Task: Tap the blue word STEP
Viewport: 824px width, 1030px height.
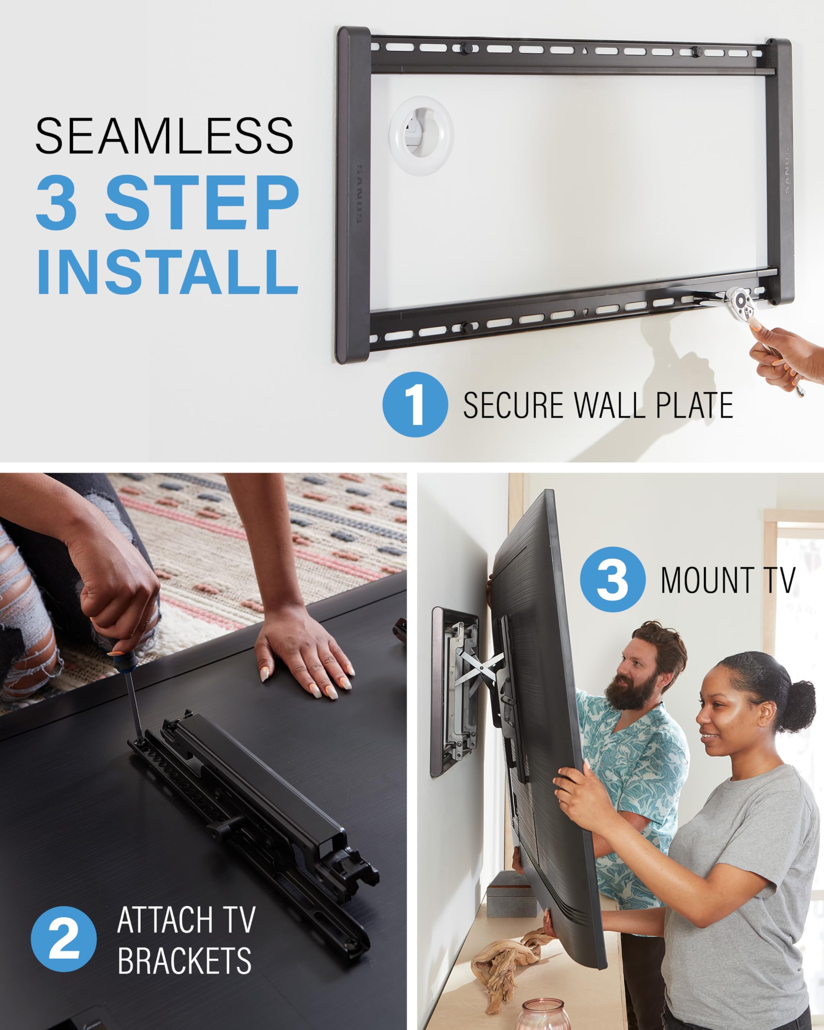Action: pos(202,203)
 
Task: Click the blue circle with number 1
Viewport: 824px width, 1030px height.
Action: pos(415,404)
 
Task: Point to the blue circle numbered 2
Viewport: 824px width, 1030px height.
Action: pos(64,939)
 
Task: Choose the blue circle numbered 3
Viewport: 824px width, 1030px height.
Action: pos(612,579)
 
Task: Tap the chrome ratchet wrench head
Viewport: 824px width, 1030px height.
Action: pos(740,299)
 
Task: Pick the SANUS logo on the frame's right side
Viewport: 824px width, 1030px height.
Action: pos(786,171)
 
